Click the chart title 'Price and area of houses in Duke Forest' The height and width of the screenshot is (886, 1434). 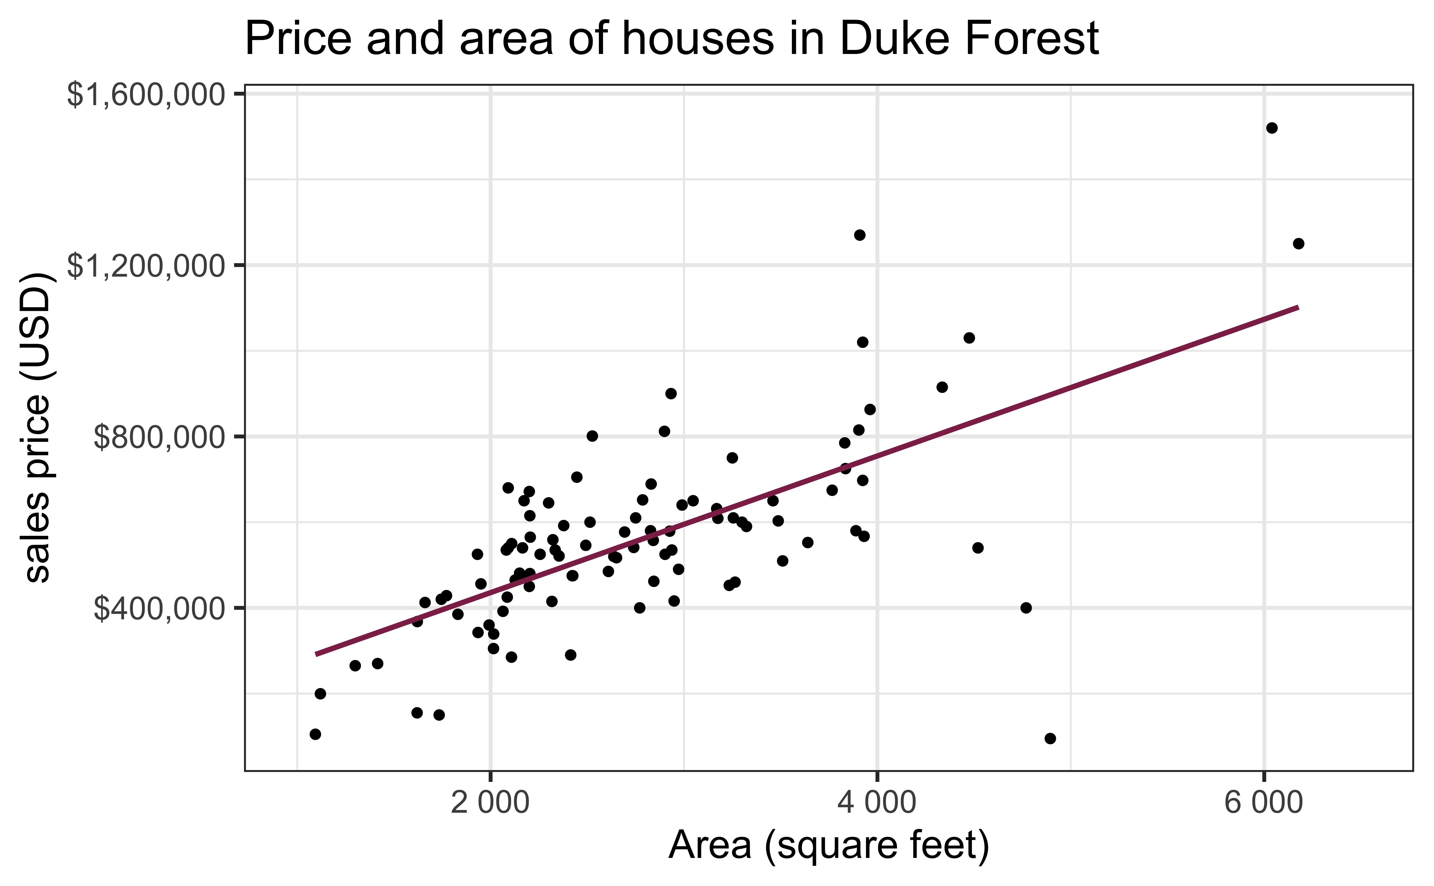(671, 39)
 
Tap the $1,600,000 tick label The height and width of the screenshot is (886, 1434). (147, 95)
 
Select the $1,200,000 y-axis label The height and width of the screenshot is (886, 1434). (147, 267)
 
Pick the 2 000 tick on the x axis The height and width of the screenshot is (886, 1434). (490, 803)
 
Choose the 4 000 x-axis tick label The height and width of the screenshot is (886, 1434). (877, 803)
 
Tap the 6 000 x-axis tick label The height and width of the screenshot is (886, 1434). (1264, 803)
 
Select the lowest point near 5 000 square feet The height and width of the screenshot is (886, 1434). (1050, 738)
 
